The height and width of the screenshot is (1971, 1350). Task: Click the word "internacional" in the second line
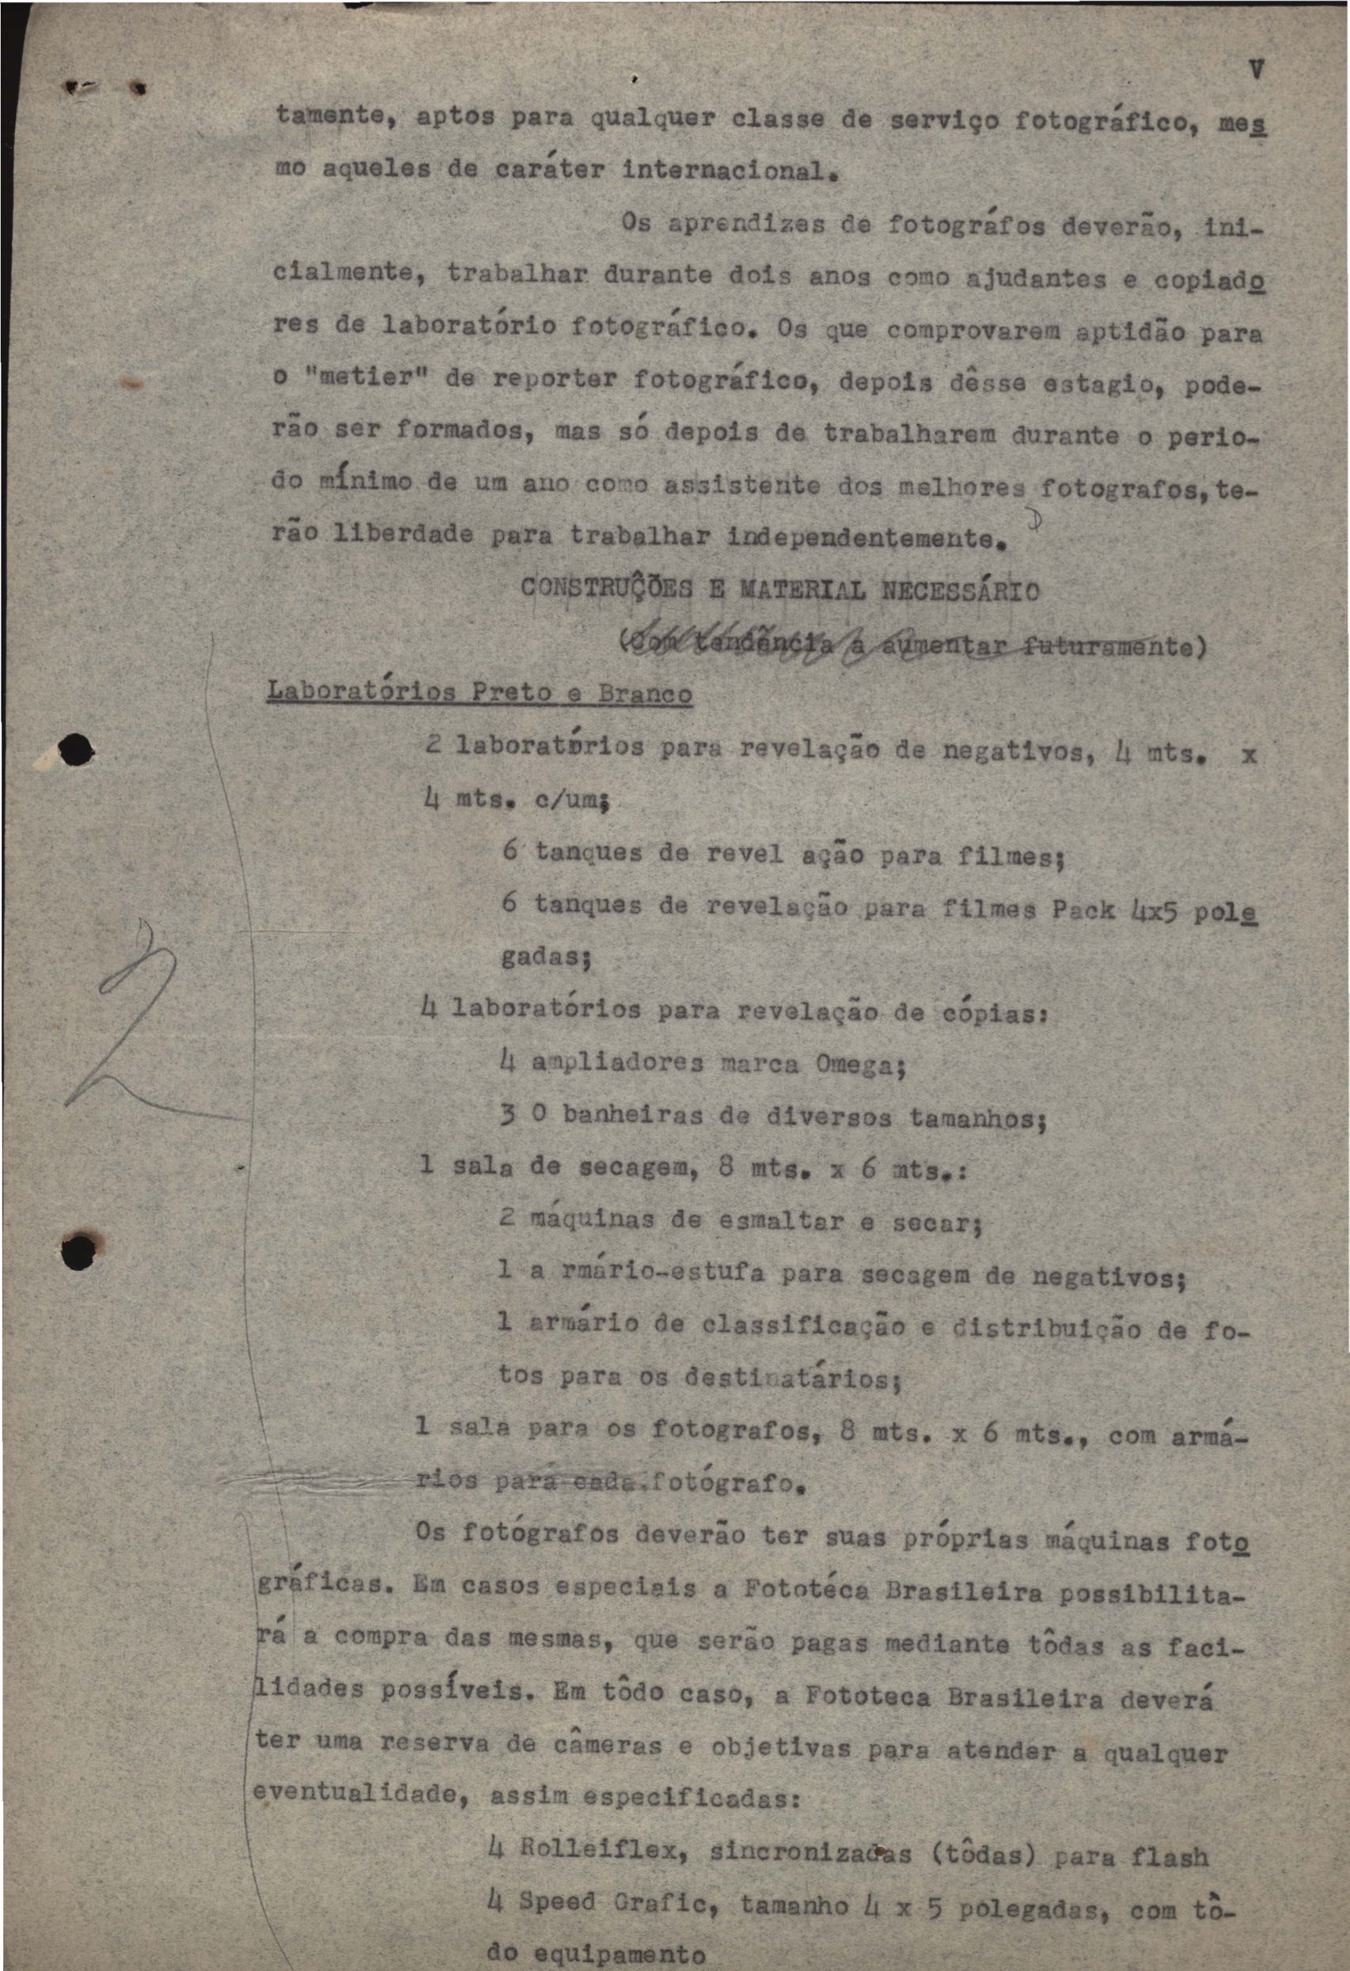point(724,171)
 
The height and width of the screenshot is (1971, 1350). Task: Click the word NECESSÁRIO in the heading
point(959,590)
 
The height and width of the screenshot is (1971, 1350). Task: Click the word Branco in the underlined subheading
point(644,694)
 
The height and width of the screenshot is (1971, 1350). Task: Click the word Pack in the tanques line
point(1083,910)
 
